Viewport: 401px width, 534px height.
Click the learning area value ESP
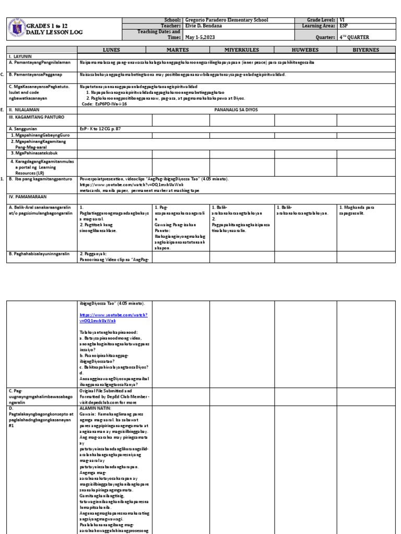tap(344, 26)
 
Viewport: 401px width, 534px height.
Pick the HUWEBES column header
tap(305, 50)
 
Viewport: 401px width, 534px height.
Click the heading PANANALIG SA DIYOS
tap(239, 110)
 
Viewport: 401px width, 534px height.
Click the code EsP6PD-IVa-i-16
tap(103, 104)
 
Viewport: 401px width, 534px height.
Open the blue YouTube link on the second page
tap(113, 318)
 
